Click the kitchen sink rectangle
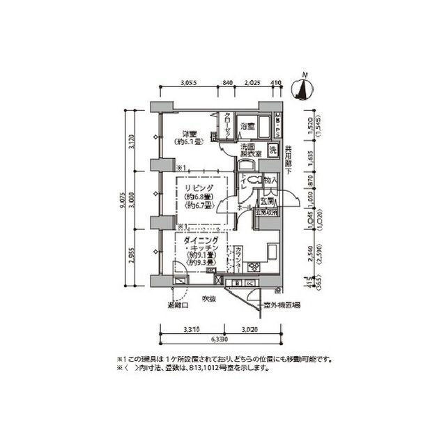pos(271,250)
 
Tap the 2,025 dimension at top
pos(252,83)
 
